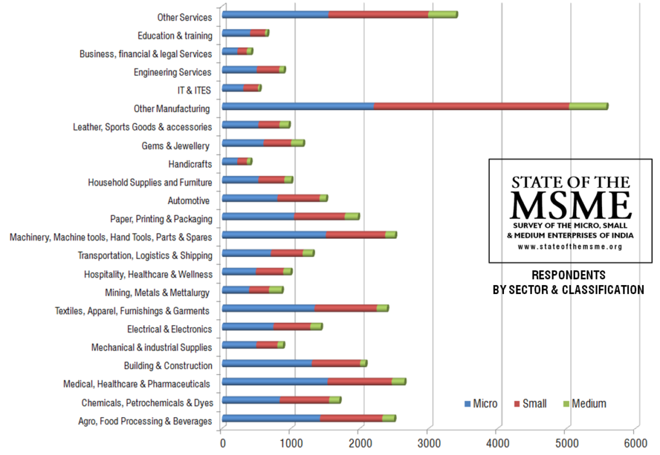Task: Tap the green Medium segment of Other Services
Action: click(x=442, y=14)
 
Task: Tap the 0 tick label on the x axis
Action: click(x=222, y=443)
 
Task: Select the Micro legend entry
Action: click(x=481, y=404)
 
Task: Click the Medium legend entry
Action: click(x=584, y=404)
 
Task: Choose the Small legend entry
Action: click(x=530, y=404)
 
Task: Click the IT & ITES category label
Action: click(x=194, y=91)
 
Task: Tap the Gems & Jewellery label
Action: click(x=175, y=146)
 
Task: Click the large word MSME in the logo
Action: click(x=570, y=205)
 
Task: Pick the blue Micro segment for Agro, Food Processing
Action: click(x=271, y=418)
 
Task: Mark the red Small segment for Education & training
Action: click(x=258, y=33)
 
